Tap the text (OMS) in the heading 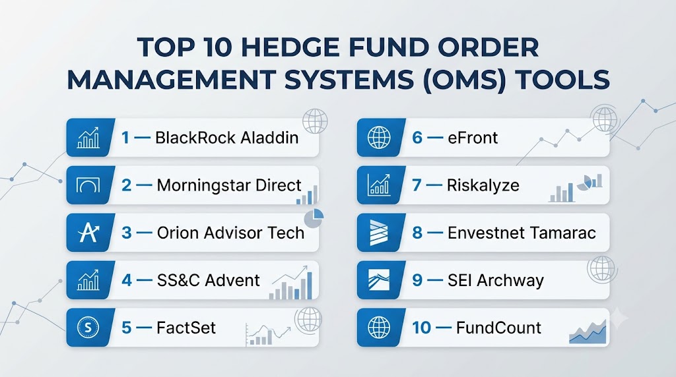464,80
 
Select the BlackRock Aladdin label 227,138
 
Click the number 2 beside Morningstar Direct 126,185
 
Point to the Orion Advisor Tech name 230,233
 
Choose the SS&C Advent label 208,280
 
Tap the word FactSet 186,328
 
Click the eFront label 473,138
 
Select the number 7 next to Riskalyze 417,185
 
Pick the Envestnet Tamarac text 522,233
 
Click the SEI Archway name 496,280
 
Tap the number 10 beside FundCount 421,328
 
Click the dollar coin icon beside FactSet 88,328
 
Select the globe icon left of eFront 379,138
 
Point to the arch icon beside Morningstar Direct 88,185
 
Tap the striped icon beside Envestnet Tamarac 379,233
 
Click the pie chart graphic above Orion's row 314,218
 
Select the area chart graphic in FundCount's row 588,332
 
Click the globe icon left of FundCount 379,328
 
